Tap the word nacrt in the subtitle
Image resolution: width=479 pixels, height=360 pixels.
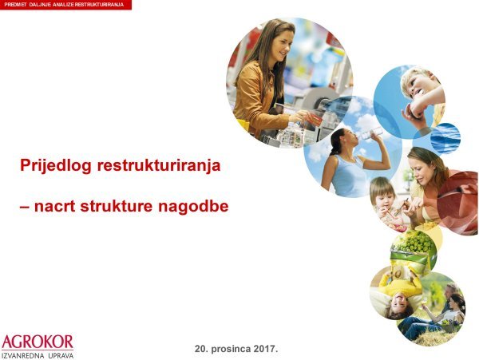pos(56,207)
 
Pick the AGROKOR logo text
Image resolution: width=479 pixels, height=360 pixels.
pos(38,341)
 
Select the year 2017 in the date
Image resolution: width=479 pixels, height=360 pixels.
pos(263,350)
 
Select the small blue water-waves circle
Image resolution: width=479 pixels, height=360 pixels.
pos(445,136)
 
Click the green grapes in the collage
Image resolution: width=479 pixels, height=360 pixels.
pos(415,242)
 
